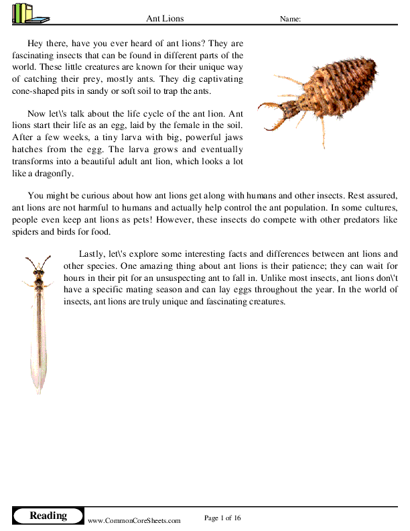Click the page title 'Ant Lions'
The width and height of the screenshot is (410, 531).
[165, 19]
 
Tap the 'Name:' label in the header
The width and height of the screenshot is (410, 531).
[289, 19]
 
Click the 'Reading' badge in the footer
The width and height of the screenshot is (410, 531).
[48, 516]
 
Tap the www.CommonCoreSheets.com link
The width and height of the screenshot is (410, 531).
[134, 520]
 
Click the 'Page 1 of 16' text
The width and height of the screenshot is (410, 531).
[222, 518]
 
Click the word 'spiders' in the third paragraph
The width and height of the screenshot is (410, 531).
[27, 233]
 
